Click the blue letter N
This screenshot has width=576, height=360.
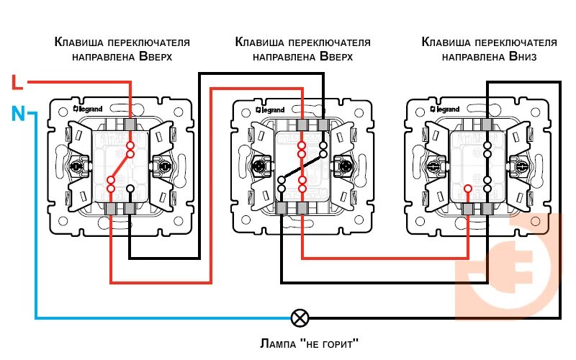pos(18,113)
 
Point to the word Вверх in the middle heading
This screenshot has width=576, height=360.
pos(336,55)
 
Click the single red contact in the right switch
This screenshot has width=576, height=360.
pos(467,189)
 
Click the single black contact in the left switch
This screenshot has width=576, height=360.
pos(130,189)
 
